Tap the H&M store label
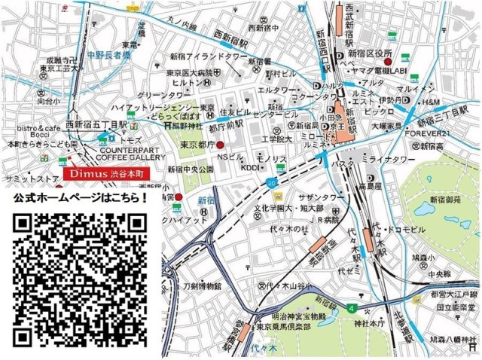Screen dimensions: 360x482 coord(430,102)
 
